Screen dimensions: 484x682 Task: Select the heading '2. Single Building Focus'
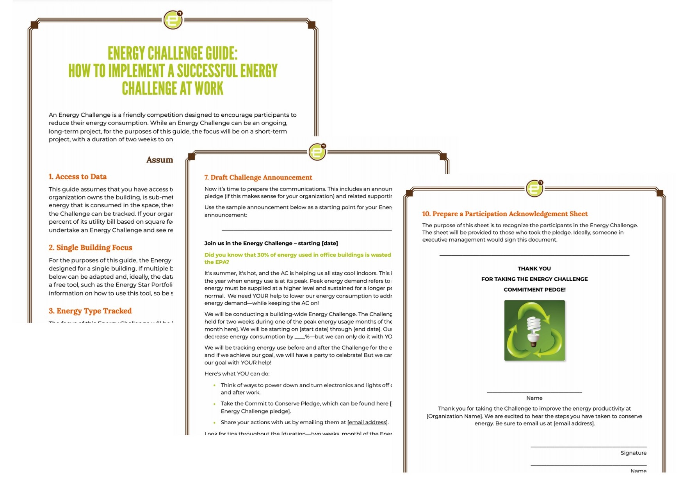(x=90, y=248)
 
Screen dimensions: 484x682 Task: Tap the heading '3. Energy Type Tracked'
(x=90, y=311)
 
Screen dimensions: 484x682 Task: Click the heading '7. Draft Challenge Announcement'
(x=258, y=178)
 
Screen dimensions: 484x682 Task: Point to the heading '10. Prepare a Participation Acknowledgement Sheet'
(x=504, y=214)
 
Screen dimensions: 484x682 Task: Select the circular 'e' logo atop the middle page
(x=317, y=151)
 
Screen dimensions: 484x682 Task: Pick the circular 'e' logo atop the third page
(x=534, y=189)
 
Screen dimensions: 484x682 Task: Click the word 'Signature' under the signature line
(x=633, y=453)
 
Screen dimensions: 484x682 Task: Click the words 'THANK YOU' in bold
(x=534, y=269)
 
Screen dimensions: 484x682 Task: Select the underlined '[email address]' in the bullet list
(x=367, y=422)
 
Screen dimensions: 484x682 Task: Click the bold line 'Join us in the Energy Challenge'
(x=271, y=243)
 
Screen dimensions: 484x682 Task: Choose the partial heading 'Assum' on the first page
(x=159, y=160)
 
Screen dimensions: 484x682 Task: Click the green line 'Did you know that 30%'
(x=297, y=255)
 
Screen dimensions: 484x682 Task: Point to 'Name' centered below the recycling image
(x=534, y=398)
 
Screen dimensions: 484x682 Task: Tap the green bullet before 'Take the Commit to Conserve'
(x=214, y=404)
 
